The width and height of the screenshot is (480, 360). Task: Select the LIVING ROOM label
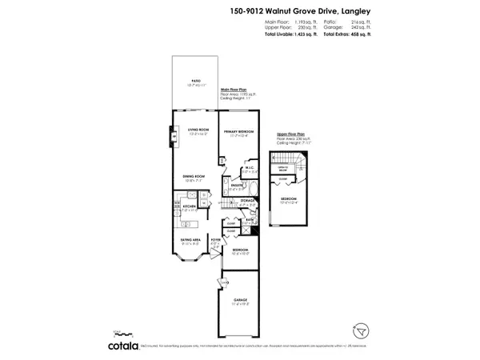[198, 130]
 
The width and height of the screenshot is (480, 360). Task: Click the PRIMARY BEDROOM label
[238, 130]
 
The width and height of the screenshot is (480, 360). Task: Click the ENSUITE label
[238, 186]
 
